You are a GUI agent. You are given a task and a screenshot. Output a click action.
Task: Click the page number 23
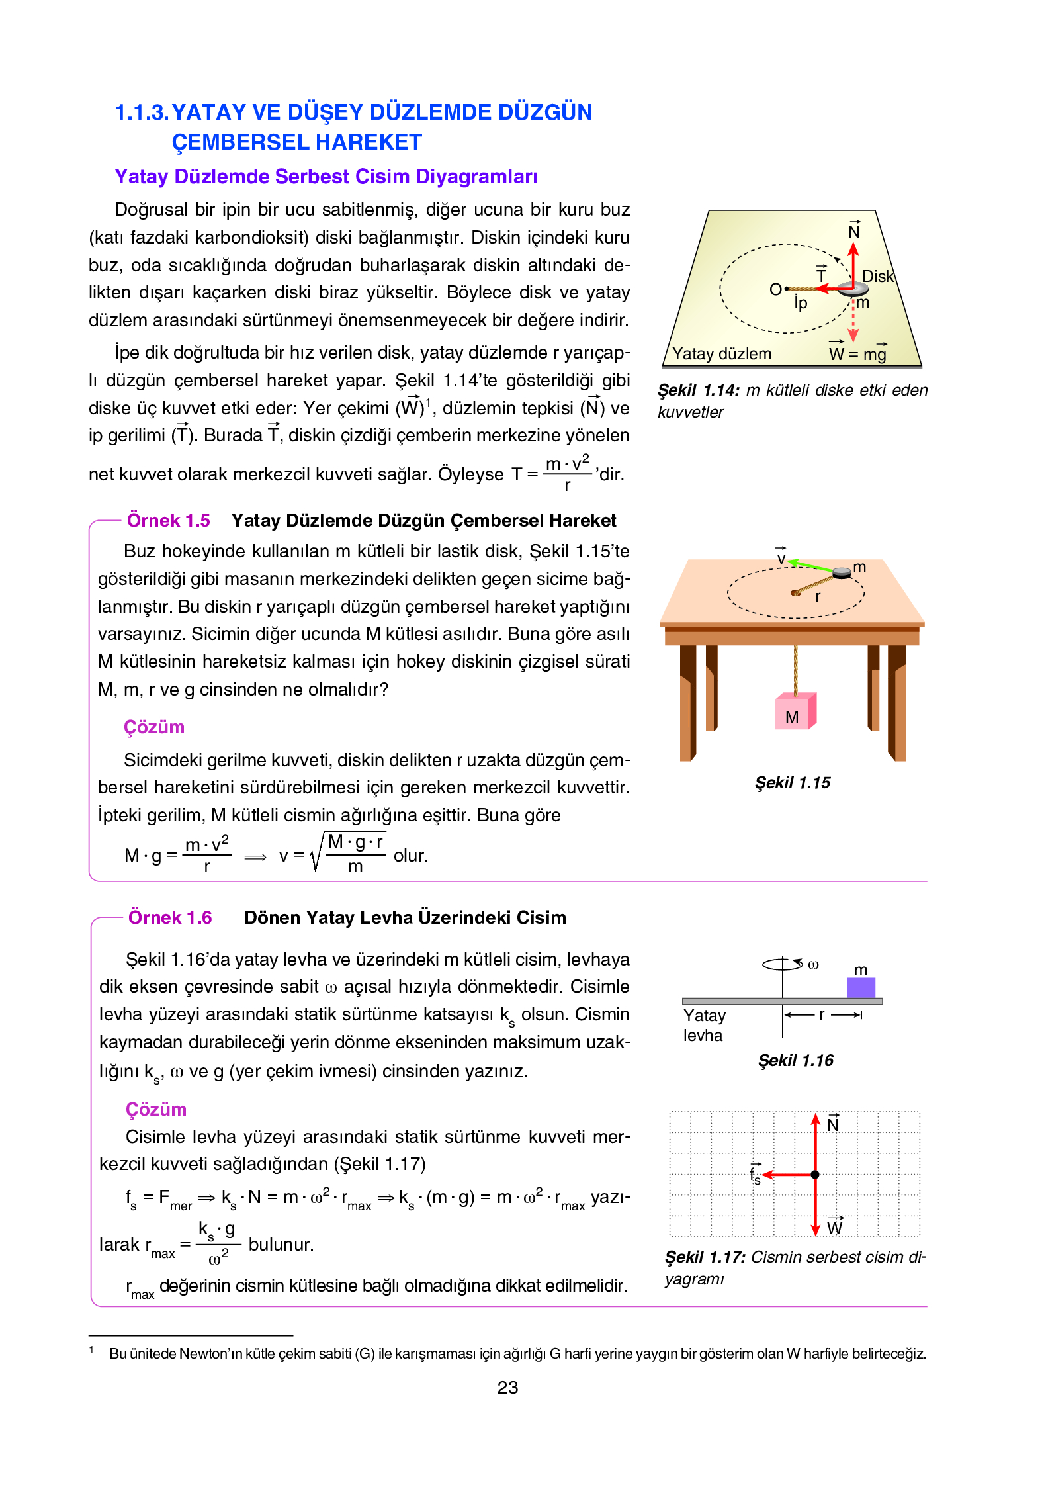507,1387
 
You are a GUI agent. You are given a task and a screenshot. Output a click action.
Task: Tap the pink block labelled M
793,713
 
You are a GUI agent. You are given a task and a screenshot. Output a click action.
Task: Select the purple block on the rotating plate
861,987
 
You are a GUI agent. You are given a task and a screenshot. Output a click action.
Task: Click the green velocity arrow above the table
810,566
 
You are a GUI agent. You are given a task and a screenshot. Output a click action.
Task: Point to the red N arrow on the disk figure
853,261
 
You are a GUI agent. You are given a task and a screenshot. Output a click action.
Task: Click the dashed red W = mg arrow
853,321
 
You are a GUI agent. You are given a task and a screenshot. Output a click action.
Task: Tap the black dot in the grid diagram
815,1175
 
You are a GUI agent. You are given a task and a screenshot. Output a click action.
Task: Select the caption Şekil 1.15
793,783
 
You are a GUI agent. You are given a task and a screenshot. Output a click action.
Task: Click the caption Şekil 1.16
796,1061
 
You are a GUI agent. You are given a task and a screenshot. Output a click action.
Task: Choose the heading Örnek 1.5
168,521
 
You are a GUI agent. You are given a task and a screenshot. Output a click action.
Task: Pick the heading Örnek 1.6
170,918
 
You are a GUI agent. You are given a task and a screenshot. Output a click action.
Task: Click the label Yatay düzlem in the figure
722,354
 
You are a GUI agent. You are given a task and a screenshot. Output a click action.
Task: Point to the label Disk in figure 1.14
878,277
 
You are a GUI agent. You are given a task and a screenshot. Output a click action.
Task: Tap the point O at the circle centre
777,289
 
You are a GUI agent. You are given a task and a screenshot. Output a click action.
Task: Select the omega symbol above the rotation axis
814,965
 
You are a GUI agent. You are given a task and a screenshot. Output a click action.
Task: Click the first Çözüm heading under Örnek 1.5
153,727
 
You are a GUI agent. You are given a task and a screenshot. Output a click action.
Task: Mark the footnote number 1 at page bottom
91,1351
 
